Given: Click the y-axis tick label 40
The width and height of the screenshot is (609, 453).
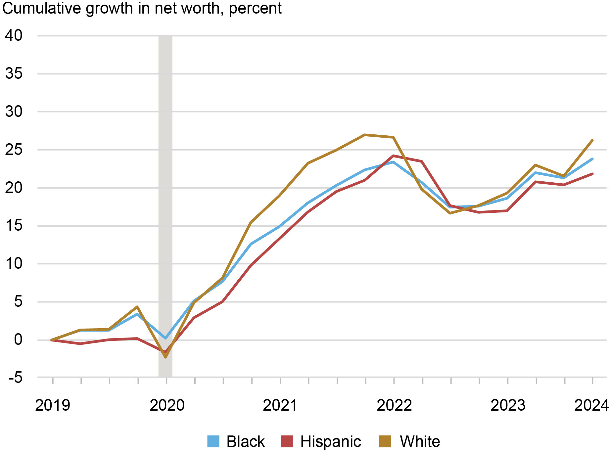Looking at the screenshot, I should tap(14, 36).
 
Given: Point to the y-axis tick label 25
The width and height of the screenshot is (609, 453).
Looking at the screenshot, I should tap(14, 150).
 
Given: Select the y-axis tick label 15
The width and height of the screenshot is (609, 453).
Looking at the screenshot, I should tap(14, 226).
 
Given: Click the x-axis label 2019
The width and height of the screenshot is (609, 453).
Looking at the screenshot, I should tap(53, 405).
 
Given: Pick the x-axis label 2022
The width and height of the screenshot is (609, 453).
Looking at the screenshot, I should tap(394, 405).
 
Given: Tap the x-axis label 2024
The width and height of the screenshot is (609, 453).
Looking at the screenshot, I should tap(591, 405).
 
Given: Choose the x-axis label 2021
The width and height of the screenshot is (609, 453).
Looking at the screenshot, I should tap(280, 405).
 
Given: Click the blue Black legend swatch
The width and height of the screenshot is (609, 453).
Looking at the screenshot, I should tap(213, 441).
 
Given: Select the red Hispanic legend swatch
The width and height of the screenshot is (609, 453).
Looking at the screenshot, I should tap(287, 441).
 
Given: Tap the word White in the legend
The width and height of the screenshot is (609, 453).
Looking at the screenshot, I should tap(420, 441).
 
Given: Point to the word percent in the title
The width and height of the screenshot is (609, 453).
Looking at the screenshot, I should tap(255, 8).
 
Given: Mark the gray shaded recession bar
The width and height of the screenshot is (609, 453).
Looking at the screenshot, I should tap(165, 205).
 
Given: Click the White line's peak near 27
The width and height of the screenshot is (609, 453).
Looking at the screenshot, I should tap(364, 135).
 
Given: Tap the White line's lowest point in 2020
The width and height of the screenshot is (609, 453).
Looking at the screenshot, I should tap(165, 357).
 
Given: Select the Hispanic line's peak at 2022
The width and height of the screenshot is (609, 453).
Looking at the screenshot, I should tap(393, 156).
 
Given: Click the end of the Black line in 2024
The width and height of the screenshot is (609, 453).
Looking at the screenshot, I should tap(592, 159).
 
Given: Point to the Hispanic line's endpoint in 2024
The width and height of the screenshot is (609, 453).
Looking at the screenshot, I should tap(592, 174).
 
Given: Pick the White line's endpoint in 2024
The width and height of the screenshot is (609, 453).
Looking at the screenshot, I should tap(592, 140).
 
